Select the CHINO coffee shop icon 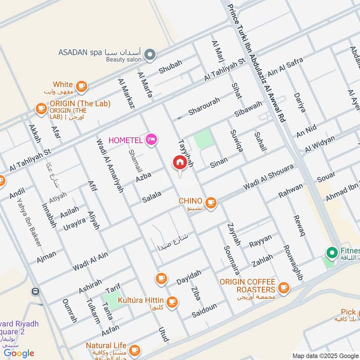211,203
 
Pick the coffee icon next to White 81,86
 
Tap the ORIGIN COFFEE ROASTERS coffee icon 283,287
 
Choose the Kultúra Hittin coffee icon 171,302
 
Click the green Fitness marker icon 333,253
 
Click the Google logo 19,353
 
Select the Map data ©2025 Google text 325,355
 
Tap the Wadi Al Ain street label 90,262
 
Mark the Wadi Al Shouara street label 268,177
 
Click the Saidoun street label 204,310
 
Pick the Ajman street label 47,256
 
